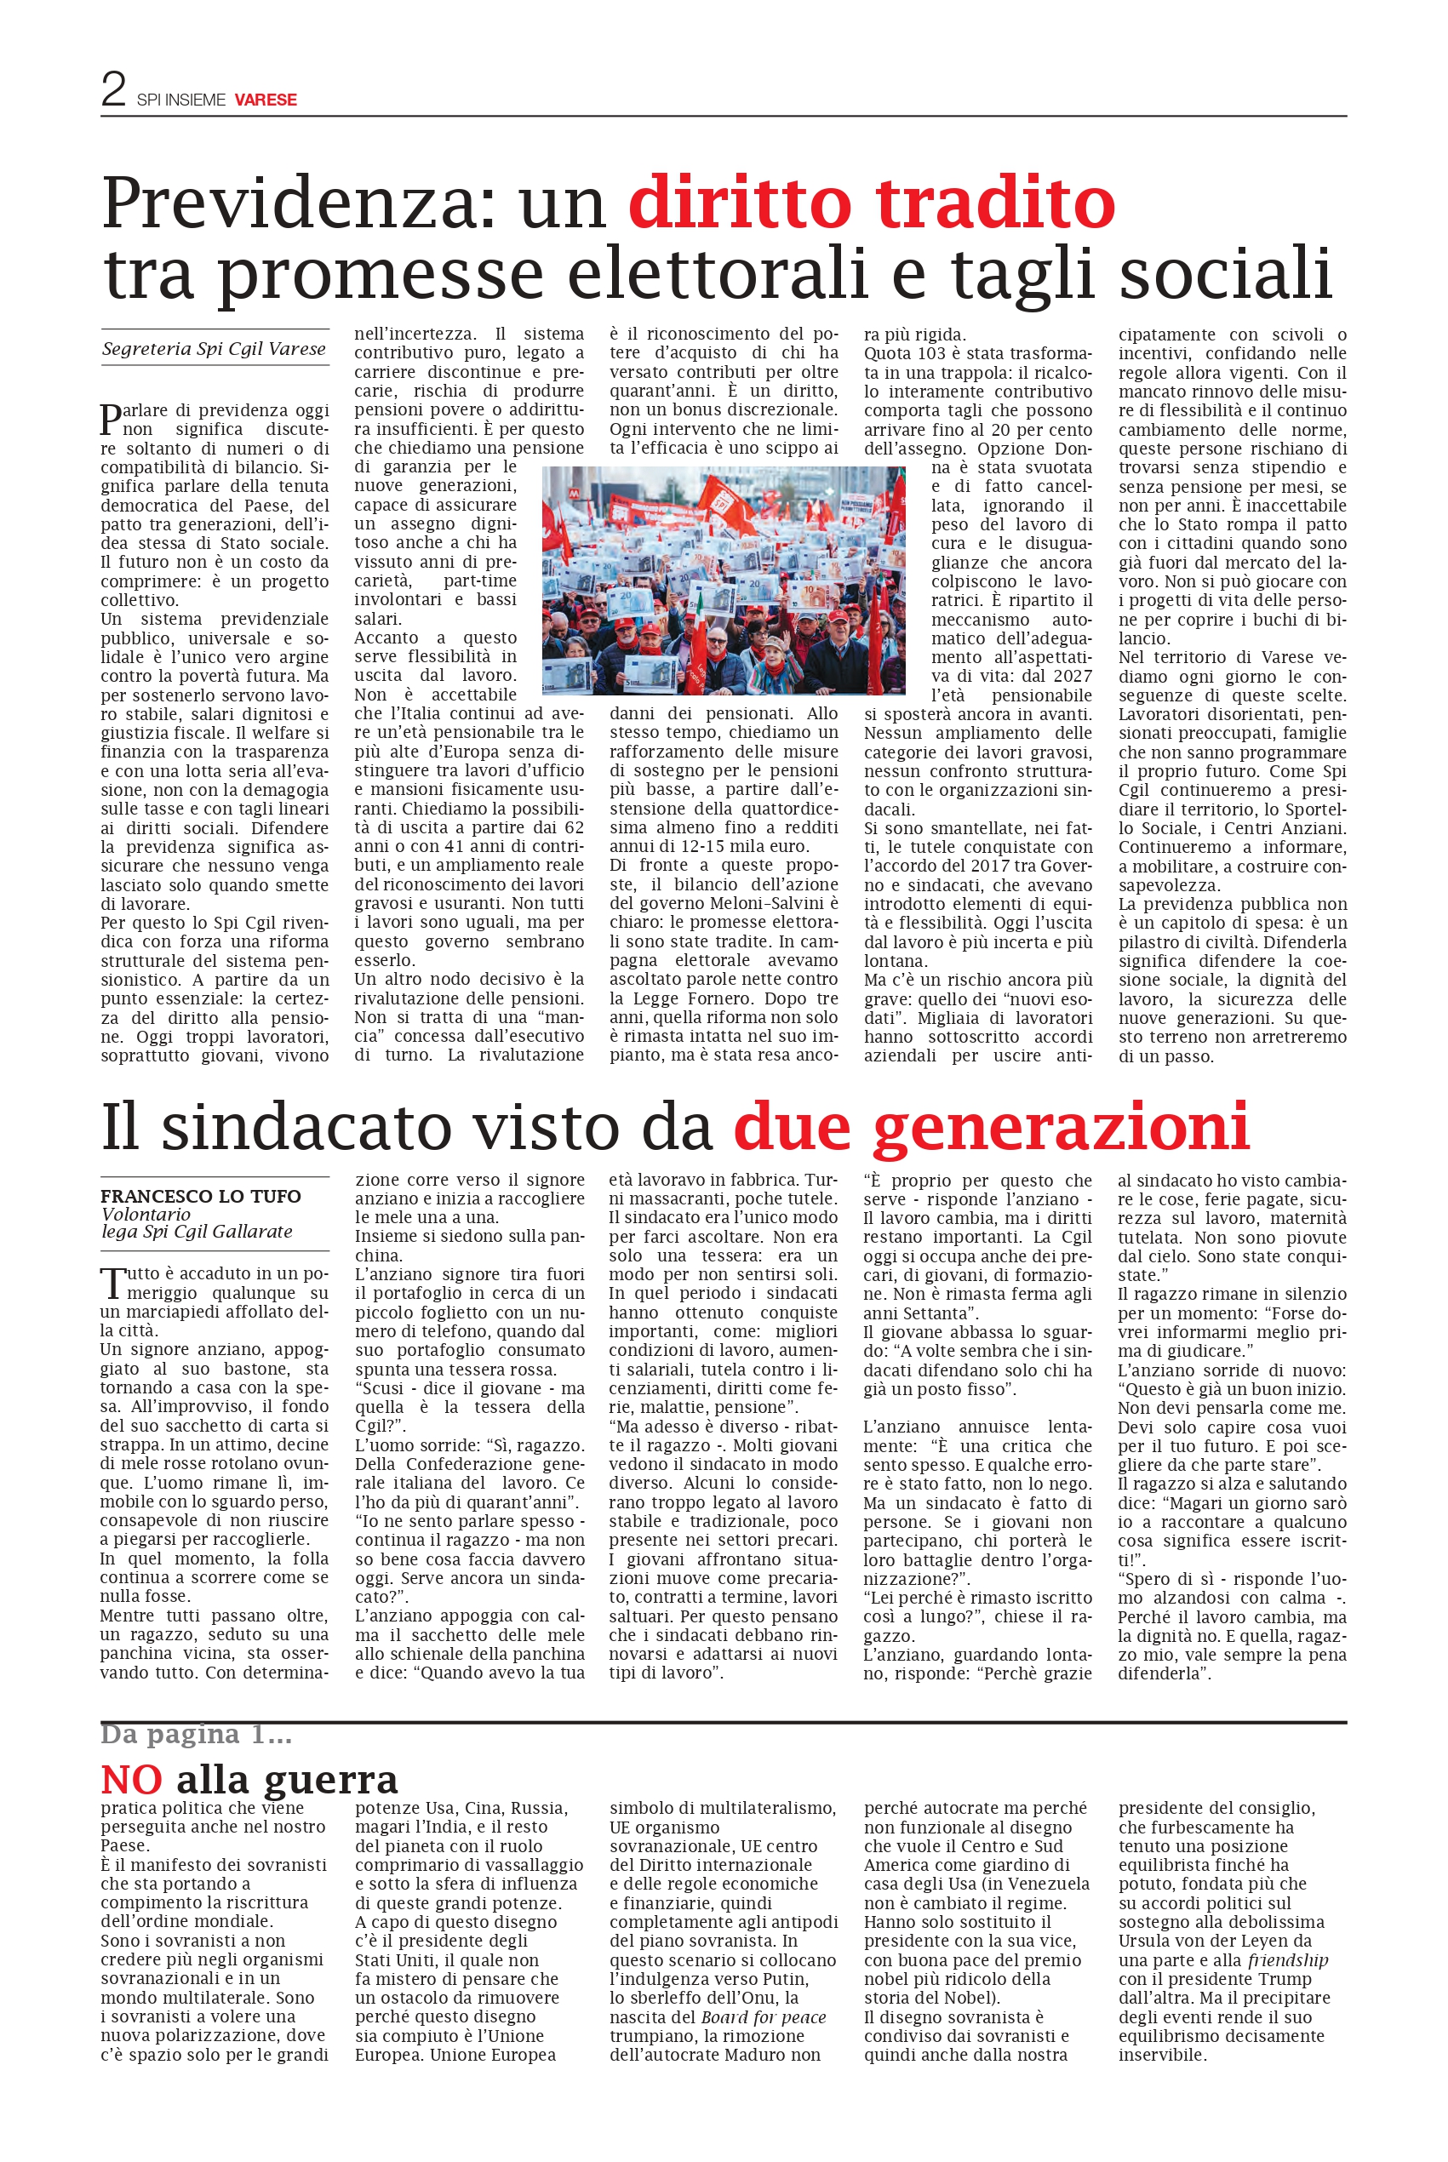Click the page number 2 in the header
coord(113,89)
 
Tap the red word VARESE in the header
coord(265,100)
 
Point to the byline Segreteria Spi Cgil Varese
coord(215,349)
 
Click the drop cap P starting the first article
coord(110,420)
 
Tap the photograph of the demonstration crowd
coord(723,580)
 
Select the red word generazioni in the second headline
coord(1060,1127)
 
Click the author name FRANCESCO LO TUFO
coord(200,1197)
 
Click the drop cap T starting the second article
coord(111,1284)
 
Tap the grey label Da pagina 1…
coord(196,1735)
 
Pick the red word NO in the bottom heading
coord(131,1779)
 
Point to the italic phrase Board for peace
coord(763,2017)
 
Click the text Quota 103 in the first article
coord(903,353)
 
